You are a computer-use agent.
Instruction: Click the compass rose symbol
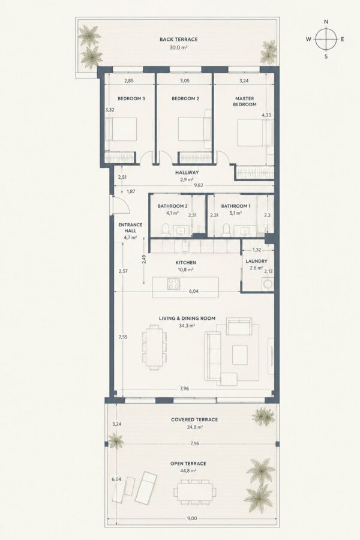click(x=326, y=39)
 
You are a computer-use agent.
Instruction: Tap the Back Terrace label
click(x=178, y=39)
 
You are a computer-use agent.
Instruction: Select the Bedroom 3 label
click(x=131, y=98)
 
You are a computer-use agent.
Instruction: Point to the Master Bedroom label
click(x=245, y=101)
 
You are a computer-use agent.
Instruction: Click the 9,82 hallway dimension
click(x=199, y=185)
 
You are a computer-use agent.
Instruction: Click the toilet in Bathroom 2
click(x=165, y=230)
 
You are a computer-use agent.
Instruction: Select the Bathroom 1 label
click(x=236, y=206)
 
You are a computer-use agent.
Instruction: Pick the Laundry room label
click(x=256, y=261)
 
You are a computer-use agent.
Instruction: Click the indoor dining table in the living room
click(x=154, y=348)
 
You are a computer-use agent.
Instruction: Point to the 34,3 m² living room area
click(x=187, y=325)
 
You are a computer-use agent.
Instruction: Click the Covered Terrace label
click(x=194, y=419)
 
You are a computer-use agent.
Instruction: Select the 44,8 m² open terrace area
click(x=188, y=471)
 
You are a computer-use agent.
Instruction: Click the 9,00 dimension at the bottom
click(x=192, y=518)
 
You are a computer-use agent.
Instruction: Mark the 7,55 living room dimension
click(x=123, y=337)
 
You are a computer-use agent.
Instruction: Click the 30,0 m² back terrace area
click(x=178, y=48)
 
